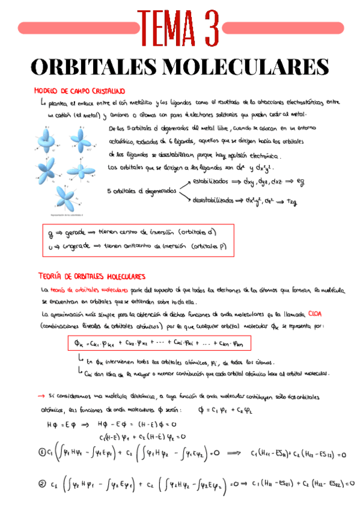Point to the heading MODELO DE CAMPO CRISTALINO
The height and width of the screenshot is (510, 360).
79,91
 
